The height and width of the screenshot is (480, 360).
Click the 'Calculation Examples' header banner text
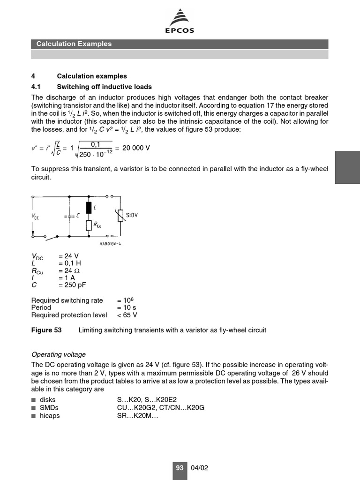[x=74, y=44]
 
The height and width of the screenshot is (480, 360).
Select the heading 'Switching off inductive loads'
[x=104, y=87]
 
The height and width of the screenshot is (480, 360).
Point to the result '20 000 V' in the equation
[x=136, y=148]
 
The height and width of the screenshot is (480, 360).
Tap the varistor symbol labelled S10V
[x=120, y=216]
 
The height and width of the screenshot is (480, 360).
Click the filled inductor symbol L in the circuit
[x=89, y=207]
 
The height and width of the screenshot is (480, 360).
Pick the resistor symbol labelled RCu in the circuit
[x=89, y=225]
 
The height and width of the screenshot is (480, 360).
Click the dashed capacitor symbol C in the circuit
[x=69, y=216]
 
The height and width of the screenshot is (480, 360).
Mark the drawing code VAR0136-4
[x=111, y=244]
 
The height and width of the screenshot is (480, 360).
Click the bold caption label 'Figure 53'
[x=46, y=330]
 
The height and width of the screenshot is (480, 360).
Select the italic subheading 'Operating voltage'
[x=59, y=354]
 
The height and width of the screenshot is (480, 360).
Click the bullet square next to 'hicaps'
[x=33, y=416]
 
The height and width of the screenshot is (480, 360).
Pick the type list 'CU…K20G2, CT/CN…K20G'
[x=161, y=408]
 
